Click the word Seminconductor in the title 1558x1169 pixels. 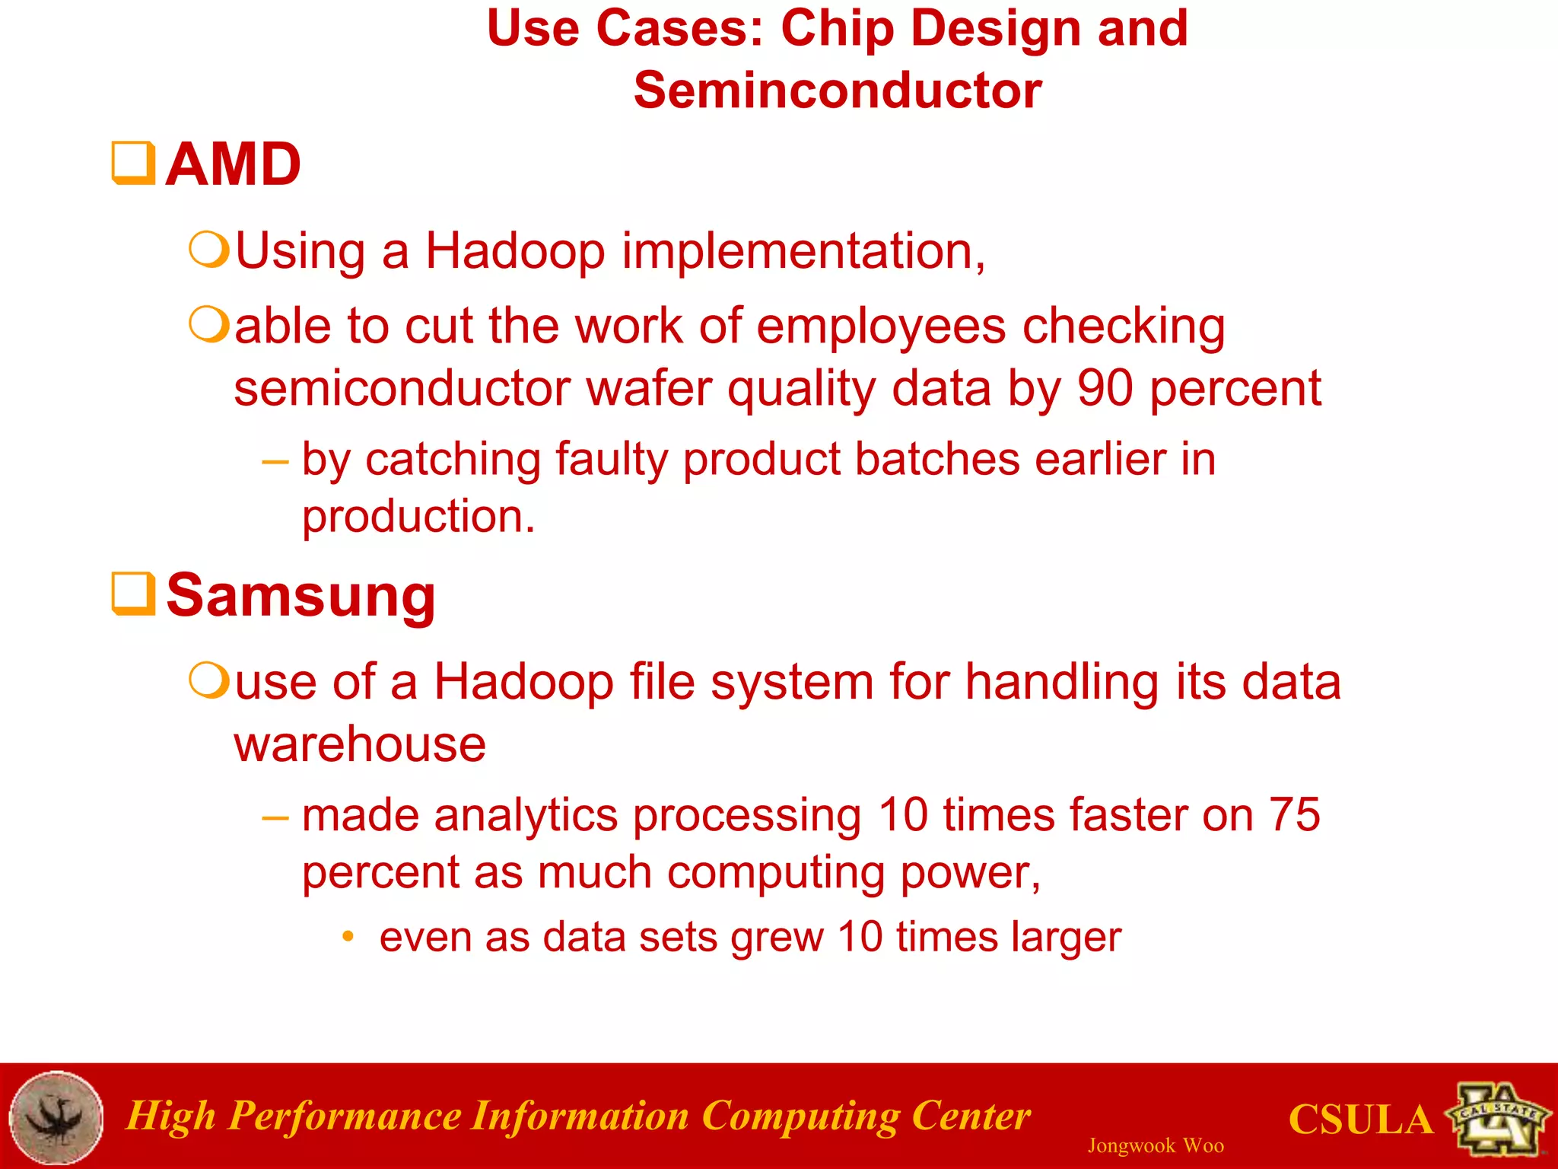coord(838,91)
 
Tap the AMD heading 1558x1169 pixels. coord(234,164)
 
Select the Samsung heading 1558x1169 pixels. coord(301,596)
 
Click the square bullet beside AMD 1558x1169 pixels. coord(134,163)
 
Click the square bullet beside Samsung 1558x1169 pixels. coord(134,594)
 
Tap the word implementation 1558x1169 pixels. coord(803,251)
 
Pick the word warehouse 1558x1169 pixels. coord(360,744)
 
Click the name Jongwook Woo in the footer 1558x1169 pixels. coord(1156,1145)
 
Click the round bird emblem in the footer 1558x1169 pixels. coord(56,1117)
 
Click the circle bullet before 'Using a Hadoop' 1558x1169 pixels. coord(208,250)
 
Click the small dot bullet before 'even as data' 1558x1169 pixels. coord(348,936)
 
